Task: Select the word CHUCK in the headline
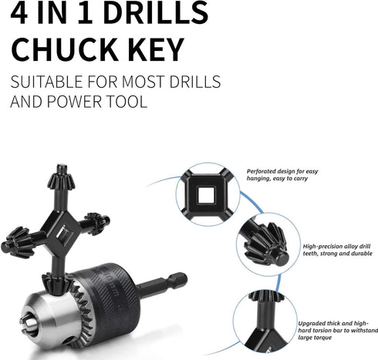(62, 49)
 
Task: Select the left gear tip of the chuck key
(17, 237)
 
